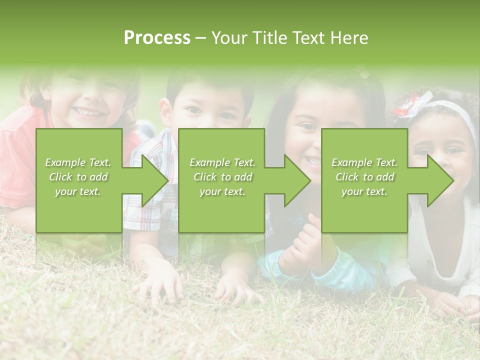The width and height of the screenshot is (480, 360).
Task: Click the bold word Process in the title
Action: click(x=157, y=38)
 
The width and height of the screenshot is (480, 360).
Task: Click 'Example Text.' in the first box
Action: click(x=78, y=162)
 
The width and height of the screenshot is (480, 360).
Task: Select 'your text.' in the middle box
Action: click(x=222, y=191)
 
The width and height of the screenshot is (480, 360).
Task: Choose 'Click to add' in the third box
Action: click(x=364, y=177)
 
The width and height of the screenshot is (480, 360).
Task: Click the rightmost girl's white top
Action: click(x=450, y=250)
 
